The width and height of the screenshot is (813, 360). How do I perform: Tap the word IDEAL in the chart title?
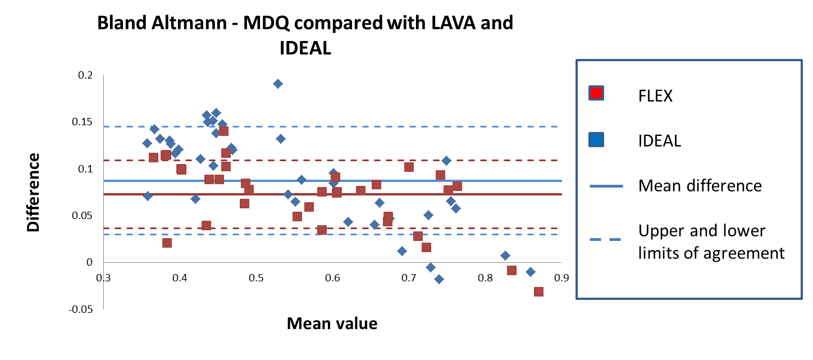pyautogui.click(x=305, y=48)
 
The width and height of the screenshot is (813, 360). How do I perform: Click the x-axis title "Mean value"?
pyautogui.click(x=332, y=323)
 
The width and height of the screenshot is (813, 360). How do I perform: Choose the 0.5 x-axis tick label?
pyautogui.click(x=256, y=277)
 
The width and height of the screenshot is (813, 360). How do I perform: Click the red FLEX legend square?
pyautogui.click(x=595, y=93)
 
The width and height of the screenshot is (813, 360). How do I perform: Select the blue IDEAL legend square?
pyautogui.click(x=595, y=139)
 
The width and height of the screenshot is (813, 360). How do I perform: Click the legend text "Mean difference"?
pyautogui.click(x=700, y=185)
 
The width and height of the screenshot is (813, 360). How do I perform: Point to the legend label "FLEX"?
pyautogui.click(x=655, y=95)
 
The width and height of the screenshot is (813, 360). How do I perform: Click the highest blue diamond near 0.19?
pyautogui.click(x=277, y=84)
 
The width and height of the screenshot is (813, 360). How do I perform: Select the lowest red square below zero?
pyautogui.click(x=538, y=291)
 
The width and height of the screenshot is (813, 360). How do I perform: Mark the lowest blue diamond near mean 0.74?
pyautogui.click(x=439, y=279)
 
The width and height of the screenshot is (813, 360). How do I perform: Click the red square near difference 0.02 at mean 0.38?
pyautogui.click(x=167, y=243)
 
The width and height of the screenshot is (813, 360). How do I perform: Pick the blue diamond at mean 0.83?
pyautogui.click(x=505, y=256)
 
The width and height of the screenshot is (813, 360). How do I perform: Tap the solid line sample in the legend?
pyautogui.click(x=607, y=186)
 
